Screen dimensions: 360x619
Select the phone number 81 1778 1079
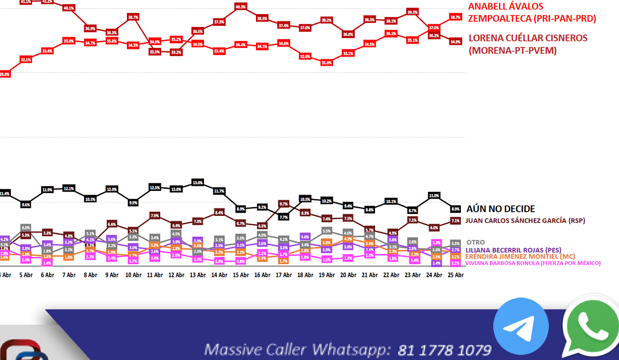(444, 350)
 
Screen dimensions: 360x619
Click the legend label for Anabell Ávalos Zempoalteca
(532, 12)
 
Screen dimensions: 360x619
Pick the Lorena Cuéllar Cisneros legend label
(527, 44)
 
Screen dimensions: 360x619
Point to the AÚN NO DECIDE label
(500, 209)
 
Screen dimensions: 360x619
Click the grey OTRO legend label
(475, 242)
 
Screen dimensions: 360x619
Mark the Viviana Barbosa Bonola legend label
(533, 263)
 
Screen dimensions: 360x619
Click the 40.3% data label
(240, 7)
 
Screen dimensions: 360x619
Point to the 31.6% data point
(326, 62)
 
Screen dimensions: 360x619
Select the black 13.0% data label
(198, 183)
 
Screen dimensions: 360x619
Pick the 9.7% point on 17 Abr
(283, 203)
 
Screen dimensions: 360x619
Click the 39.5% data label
(412, 12)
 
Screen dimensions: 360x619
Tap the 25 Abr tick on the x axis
(456, 275)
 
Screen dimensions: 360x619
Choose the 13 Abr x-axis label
(198, 275)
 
